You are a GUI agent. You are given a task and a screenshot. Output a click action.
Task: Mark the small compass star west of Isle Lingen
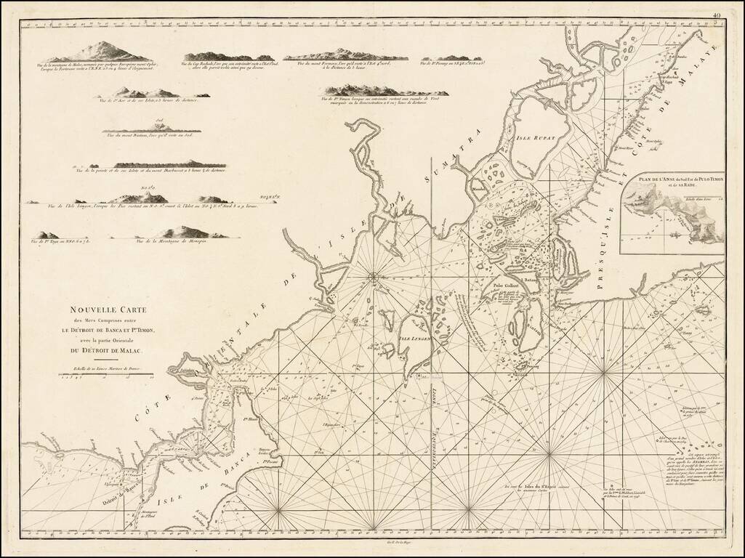(x=373, y=275)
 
